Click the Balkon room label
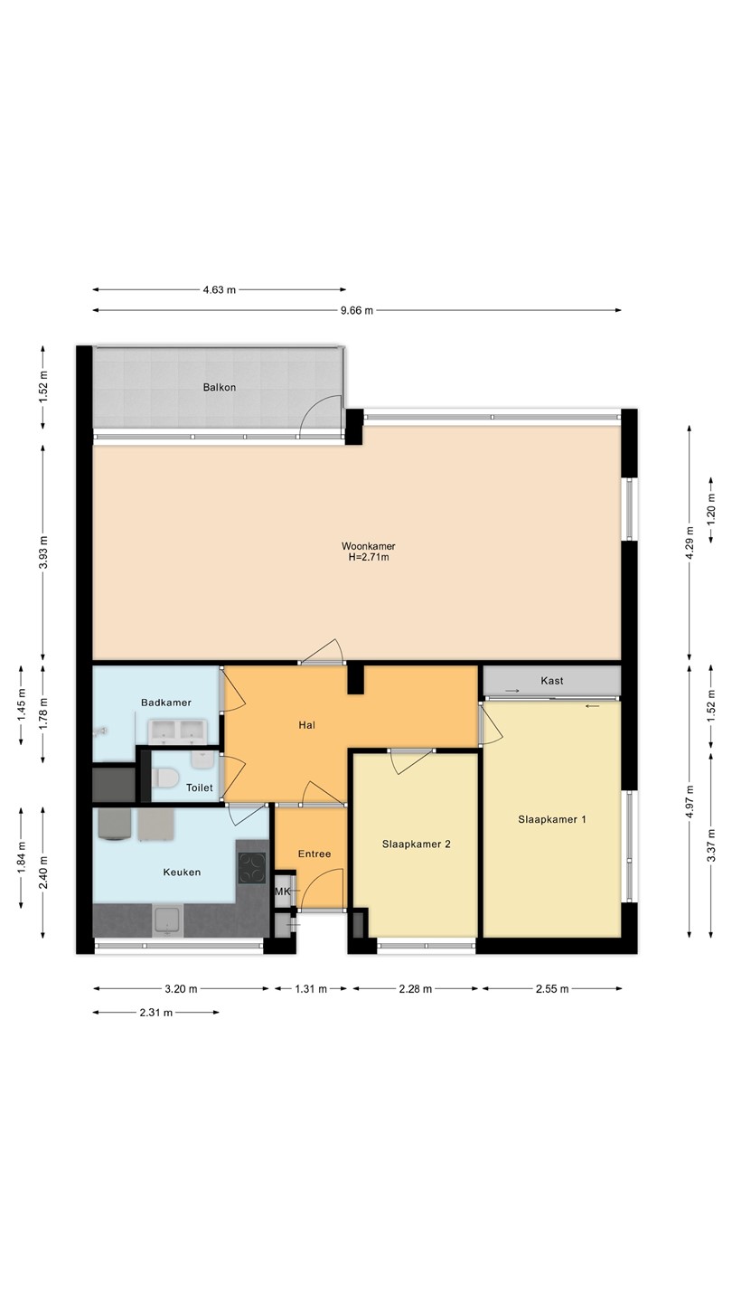point(219,387)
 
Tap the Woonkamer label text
point(369,546)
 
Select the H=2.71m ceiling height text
point(369,557)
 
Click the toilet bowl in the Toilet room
point(165,778)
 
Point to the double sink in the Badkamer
point(177,731)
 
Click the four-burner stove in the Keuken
point(251,868)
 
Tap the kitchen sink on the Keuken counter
point(168,920)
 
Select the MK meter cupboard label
point(282,892)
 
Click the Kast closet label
point(552,681)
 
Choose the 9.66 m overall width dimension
point(357,310)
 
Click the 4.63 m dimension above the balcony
point(219,289)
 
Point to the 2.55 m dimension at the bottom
point(552,989)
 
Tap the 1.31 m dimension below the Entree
point(311,989)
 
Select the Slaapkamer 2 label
point(416,844)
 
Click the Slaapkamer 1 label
point(552,819)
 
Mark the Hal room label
point(306,725)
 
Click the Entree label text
point(314,854)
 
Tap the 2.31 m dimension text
point(155,1013)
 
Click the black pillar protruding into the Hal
point(355,679)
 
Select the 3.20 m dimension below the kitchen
point(181,989)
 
